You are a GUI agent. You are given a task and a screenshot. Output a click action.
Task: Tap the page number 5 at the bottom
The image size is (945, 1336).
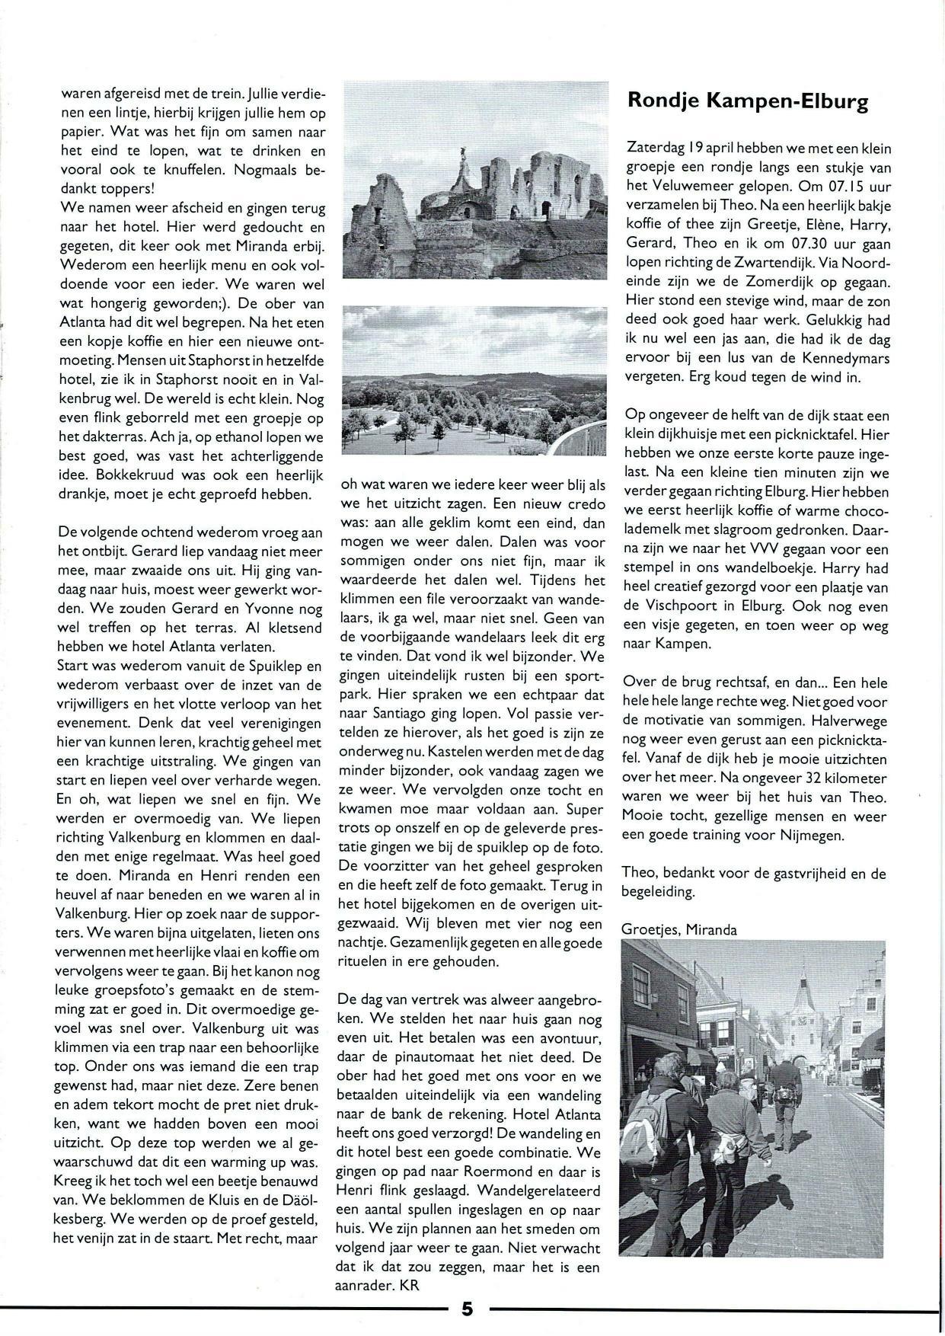click(x=467, y=1309)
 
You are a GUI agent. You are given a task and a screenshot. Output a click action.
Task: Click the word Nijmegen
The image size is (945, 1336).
click(x=833, y=835)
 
